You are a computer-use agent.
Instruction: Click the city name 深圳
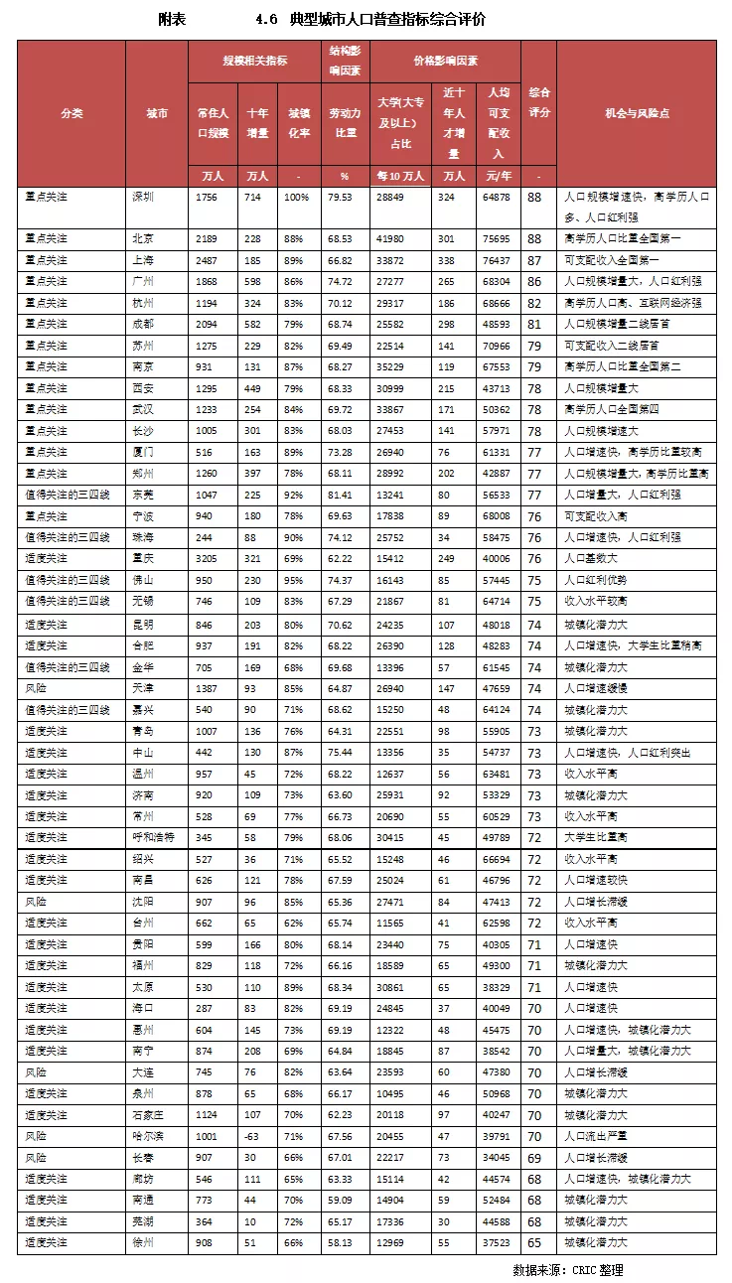tap(144, 197)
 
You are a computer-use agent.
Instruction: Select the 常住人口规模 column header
tap(213, 123)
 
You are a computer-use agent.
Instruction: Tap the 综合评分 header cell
tap(538, 102)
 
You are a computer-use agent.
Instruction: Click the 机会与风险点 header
tap(637, 113)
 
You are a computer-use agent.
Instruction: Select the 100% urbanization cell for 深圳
tap(296, 197)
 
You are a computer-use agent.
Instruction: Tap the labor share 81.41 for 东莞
tap(344, 494)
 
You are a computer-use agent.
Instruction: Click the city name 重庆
tap(144, 559)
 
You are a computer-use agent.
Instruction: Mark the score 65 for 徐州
tap(534, 1242)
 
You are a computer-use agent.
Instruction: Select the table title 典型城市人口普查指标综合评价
tap(387, 20)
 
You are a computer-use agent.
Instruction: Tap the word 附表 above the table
tap(173, 20)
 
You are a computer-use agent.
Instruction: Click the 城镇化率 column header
tap(297, 123)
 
